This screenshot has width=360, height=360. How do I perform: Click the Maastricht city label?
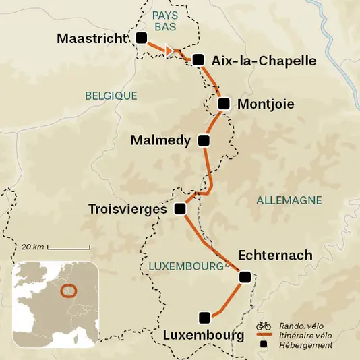pos(91,38)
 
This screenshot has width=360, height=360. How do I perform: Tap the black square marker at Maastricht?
pos(141,38)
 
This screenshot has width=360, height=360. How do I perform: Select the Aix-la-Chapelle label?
pos(264,61)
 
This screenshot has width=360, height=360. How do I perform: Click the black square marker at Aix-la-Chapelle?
pos(198,60)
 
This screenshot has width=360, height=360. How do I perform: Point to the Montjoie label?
pos(266,104)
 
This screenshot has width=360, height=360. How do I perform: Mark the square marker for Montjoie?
pos(224,104)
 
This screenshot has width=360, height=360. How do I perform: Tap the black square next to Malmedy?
pos(204,141)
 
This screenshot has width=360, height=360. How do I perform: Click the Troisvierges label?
pos(127,210)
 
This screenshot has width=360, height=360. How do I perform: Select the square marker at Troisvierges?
pos(179,209)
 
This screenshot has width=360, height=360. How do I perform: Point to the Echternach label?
pos(275,255)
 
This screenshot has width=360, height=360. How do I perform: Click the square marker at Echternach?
pos(245,276)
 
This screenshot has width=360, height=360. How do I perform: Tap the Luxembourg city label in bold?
pos(203,335)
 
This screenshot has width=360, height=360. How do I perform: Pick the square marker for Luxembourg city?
pos(204,317)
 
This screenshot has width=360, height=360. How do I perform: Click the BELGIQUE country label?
pos(111,96)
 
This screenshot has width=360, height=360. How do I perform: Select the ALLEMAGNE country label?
pos(289,200)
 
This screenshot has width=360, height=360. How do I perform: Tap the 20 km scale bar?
pos(69,248)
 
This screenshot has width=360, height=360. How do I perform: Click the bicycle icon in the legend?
pos(264,325)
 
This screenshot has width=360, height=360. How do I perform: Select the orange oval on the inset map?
pos(68,291)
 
